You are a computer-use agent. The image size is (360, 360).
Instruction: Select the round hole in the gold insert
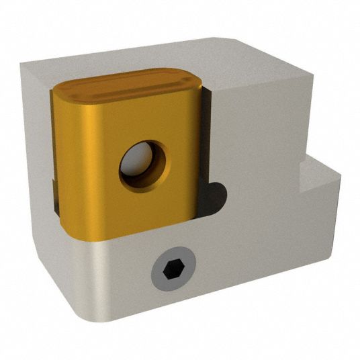pyautogui.click(x=144, y=165)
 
